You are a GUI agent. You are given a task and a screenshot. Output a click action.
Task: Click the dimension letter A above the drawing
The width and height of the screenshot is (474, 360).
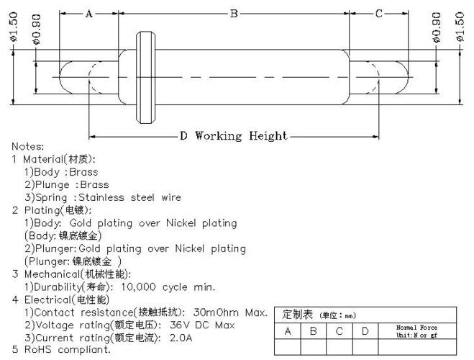tap(88, 14)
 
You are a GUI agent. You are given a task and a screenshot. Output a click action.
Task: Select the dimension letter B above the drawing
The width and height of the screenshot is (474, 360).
tap(234, 14)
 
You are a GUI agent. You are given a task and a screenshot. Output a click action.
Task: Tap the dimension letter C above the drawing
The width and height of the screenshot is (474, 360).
tap(379, 14)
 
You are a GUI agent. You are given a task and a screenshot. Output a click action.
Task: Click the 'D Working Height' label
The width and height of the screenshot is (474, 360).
tap(233, 136)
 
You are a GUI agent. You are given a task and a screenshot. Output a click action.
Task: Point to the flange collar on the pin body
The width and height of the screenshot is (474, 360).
tap(146, 78)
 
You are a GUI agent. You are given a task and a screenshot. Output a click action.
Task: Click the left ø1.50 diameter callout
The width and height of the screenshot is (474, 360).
tap(14, 27)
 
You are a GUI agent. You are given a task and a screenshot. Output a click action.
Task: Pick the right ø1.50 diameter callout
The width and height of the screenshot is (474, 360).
tap(460, 27)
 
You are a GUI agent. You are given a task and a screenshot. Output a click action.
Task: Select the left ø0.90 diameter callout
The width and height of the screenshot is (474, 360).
tap(36, 30)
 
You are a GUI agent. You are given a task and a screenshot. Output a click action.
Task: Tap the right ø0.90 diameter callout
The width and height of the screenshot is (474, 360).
tap(437, 27)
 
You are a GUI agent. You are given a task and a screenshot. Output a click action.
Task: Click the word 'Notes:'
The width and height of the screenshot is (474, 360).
tap(27, 146)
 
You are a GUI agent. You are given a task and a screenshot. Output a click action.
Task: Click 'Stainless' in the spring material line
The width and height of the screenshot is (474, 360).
tap(101, 197)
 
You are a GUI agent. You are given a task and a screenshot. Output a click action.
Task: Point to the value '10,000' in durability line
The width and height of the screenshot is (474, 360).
tap(138, 287)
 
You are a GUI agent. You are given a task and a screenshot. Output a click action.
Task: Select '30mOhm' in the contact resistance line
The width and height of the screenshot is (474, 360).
tap(216, 312)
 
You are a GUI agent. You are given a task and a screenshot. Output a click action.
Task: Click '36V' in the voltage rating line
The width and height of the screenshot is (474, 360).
tap(180, 325)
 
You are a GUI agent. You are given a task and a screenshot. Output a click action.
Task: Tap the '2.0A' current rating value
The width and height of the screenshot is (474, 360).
tap(181, 338)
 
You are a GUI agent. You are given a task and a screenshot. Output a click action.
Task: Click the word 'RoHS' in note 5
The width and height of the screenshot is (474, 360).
tap(38, 349)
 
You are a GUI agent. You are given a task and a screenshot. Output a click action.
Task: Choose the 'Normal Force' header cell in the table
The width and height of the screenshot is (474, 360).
tap(417, 331)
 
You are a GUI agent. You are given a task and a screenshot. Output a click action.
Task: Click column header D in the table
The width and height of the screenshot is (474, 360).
tap(365, 331)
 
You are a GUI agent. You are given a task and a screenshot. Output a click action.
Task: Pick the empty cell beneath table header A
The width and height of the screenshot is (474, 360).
tap(288, 347)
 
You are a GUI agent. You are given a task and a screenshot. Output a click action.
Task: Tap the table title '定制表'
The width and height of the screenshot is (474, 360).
tap(297, 315)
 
